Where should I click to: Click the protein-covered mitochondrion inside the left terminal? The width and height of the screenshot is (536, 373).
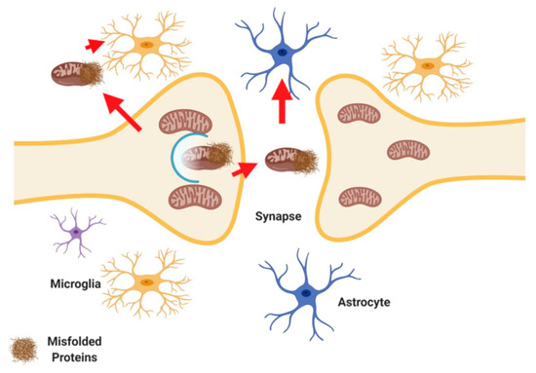coord(205,159)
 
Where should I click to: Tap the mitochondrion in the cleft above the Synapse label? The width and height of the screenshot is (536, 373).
coord(288,161)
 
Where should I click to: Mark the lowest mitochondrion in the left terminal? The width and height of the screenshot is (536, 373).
coord(199,199)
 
